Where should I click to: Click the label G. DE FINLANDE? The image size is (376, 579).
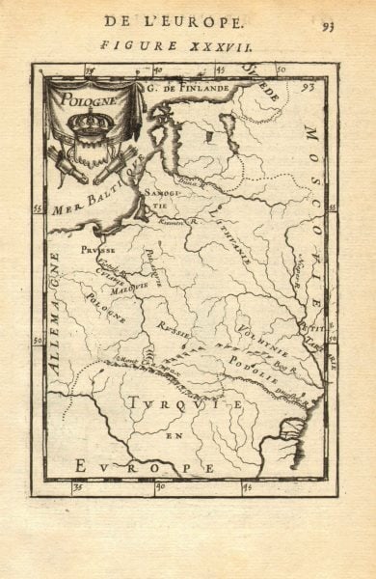click(189, 89)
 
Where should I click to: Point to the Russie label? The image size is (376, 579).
click(176, 331)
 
